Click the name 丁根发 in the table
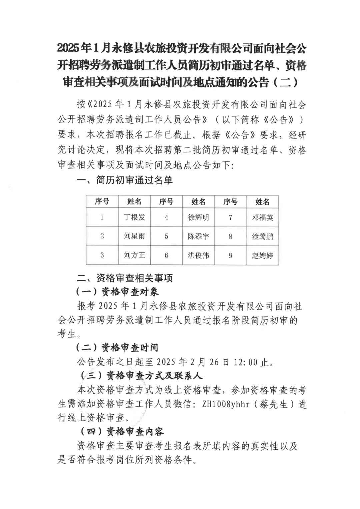tap(134, 217)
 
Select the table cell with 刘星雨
tap(134, 236)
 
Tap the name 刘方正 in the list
tap(134, 256)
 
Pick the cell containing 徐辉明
tap(198, 217)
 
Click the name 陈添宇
tap(198, 236)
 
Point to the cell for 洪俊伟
tap(198, 256)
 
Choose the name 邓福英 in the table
tap(263, 217)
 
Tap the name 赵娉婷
tap(263, 256)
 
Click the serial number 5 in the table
tap(166, 236)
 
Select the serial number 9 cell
tap(230, 256)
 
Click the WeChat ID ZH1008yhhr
tap(226, 404)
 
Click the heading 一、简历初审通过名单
tap(125, 180)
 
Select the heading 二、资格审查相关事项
tap(125, 278)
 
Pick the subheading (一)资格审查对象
tap(117, 292)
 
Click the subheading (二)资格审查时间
tap(117, 348)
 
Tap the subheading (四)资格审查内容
tap(122, 432)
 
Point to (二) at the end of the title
tap(286, 82)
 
